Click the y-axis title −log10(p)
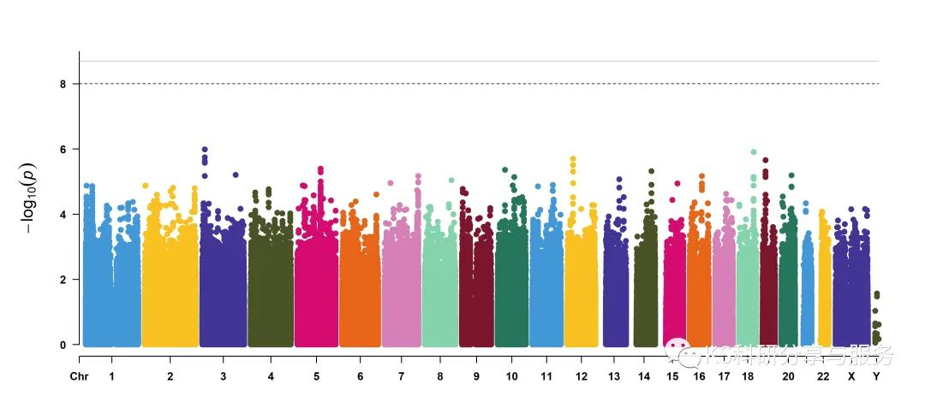pos(28,202)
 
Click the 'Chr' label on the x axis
pos(79,376)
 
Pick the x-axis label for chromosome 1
pos(111,376)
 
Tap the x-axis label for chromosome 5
pos(316,376)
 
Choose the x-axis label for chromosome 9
pos(476,376)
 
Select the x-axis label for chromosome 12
pos(582,376)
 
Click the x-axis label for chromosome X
pos(851,376)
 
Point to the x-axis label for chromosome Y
pos(876,376)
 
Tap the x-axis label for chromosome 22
pos(823,376)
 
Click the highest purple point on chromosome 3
pos(205,150)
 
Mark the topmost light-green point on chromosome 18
pos(753,152)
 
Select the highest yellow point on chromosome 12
pos(573,159)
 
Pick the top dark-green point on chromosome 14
pos(651,172)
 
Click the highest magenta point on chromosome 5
pos(320,169)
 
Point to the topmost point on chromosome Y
pos(876,294)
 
